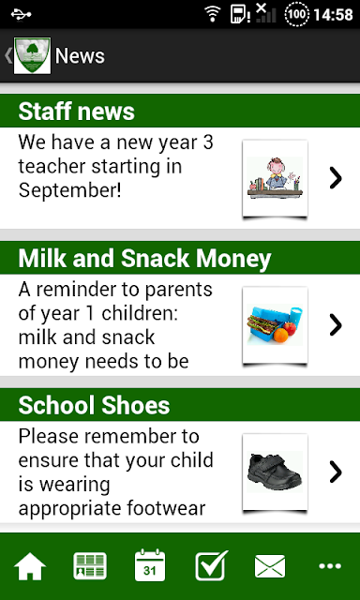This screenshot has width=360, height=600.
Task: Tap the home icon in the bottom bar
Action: [30, 566]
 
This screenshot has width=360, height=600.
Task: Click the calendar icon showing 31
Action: [150, 565]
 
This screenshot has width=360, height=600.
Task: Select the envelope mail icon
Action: [270, 566]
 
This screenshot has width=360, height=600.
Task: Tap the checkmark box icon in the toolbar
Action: [211, 565]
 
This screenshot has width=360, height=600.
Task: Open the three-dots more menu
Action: [330, 566]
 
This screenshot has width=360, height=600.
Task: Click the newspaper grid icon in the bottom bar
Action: [90, 566]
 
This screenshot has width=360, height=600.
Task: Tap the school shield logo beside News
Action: [32, 56]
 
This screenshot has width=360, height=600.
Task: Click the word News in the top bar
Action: [80, 56]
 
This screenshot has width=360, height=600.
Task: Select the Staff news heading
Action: [77, 112]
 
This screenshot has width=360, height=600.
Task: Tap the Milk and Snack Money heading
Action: [144, 259]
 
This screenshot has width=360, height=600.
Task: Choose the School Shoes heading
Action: [94, 405]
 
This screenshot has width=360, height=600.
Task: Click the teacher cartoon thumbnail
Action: [275, 179]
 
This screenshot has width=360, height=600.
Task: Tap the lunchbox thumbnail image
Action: [275, 325]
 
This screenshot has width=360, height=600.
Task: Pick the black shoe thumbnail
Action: [275, 472]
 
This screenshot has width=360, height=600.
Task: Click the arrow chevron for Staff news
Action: [336, 178]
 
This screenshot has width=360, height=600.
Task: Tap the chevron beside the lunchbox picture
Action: [336, 325]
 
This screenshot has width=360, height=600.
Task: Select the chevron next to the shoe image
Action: [336, 472]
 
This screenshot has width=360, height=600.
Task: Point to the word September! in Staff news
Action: [70, 191]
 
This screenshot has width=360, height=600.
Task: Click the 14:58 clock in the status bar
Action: [333, 15]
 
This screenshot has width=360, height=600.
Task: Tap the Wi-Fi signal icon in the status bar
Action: [213, 14]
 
